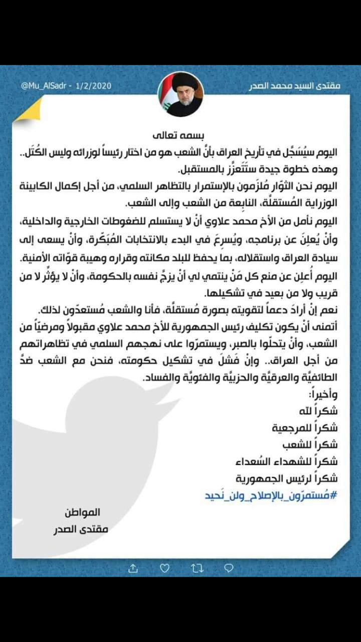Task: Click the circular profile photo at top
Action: point(180,94)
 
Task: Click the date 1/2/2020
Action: point(93,86)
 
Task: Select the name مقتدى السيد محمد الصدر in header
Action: point(294,86)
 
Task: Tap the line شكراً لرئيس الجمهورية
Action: point(293,477)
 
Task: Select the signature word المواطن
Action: point(82,513)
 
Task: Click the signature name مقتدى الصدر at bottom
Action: point(80,529)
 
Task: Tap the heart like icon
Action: point(164,568)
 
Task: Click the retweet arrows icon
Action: point(196,568)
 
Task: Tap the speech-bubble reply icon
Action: point(228,568)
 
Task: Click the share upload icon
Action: point(132,568)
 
